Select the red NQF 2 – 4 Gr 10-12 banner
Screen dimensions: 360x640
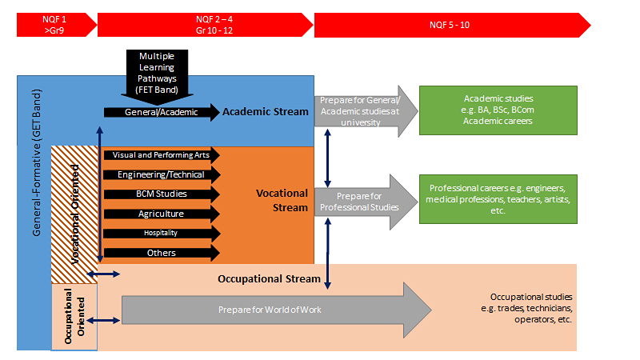click(204, 24)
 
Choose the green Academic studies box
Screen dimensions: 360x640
click(498, 110)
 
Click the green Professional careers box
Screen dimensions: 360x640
click(498, 198)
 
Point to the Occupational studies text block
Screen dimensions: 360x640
click(531, 307)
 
